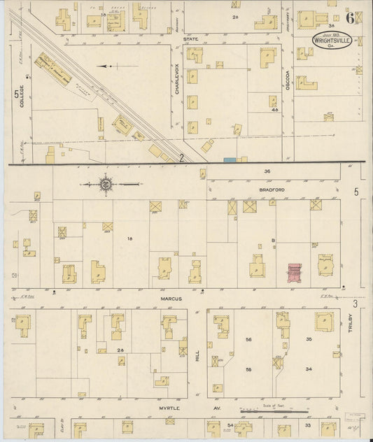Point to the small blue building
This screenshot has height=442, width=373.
pos(229,160)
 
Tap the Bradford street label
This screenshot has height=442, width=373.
pos(267,189)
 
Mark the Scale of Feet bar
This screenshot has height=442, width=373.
pos(267,412)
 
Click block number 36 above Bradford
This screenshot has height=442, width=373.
pos(267,171)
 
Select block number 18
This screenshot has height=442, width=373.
pos(129,239)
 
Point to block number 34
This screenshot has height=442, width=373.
pos(308,369)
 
